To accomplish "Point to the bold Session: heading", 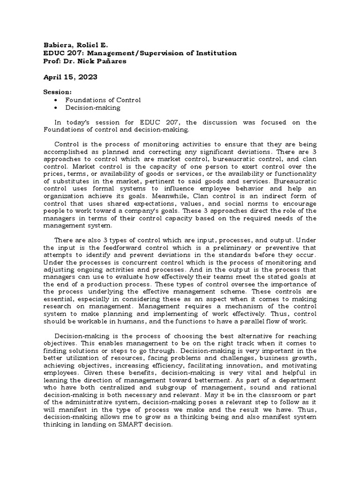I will coord(58,92).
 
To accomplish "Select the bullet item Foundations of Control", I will coord(103,100).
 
